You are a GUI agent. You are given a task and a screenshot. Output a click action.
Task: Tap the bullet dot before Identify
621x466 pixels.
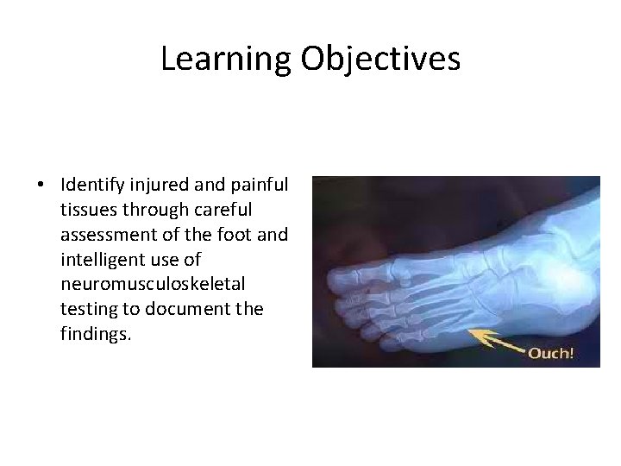[41, 186]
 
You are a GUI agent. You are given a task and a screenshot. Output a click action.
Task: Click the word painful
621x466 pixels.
[260, 185]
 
